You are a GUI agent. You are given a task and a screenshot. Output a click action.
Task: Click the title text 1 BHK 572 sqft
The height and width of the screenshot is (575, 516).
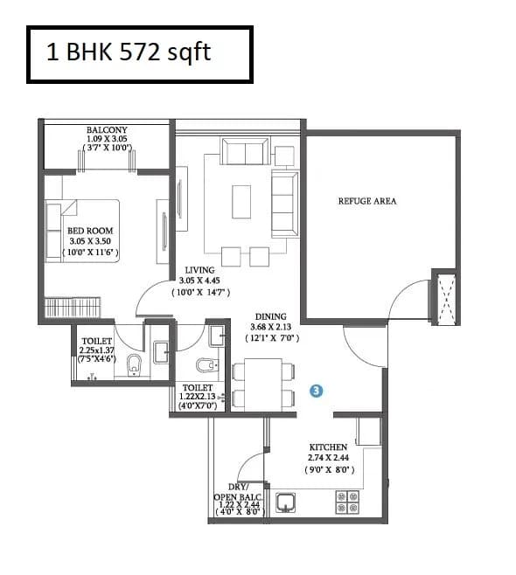point(129,52)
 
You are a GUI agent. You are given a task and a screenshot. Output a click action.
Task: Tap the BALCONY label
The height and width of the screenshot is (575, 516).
point(107,131)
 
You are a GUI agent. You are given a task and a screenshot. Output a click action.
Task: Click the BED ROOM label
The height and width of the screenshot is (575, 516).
point(91,232)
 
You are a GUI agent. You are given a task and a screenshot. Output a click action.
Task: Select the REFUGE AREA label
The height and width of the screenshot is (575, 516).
point(366,201)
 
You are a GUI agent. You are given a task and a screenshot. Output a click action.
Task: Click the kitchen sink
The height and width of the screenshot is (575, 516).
point(286,502)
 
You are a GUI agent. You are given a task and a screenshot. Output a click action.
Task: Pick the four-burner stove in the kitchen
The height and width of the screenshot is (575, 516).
point(347,502)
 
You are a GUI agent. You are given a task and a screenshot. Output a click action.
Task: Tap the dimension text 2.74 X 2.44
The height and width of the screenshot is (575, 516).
point(327,458)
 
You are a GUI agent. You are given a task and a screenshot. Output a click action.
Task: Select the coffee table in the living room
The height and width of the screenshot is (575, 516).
point(241,200)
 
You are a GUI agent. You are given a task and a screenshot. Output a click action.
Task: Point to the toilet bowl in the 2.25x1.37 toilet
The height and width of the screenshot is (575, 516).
point(134,365)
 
